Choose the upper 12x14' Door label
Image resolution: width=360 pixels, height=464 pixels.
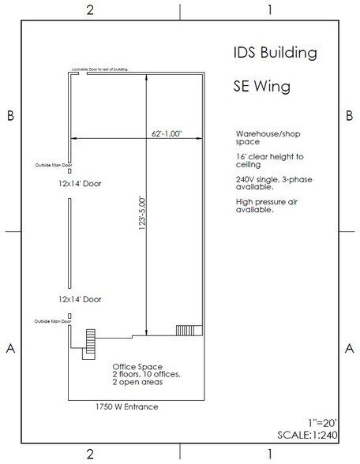tap(79, 184)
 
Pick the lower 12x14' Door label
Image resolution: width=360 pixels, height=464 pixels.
tap(79, 300)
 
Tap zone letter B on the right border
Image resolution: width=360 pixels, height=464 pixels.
tap(350, 116)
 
